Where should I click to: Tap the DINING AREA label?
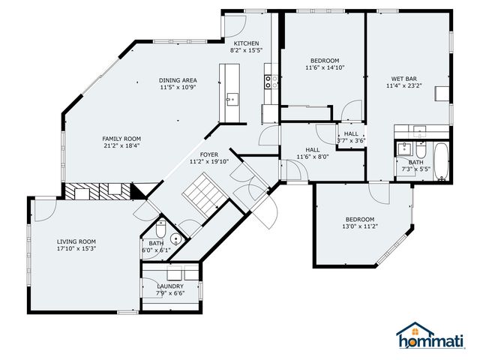click(x=178, y=80)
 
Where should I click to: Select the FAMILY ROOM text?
click(x=121, y=139)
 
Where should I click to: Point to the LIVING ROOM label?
click(x=76, y=241)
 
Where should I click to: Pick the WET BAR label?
click(x=403, y=79)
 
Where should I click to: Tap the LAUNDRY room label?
click(x=170, y=286)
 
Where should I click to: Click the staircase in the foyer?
click(x=199, y=192)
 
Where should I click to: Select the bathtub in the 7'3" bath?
click(x=442, y=160)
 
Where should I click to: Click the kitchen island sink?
click(x=229, y=97)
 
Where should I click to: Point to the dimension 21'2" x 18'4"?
click(x=121, y=146)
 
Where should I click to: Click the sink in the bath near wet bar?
click(x=404, y=147)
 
